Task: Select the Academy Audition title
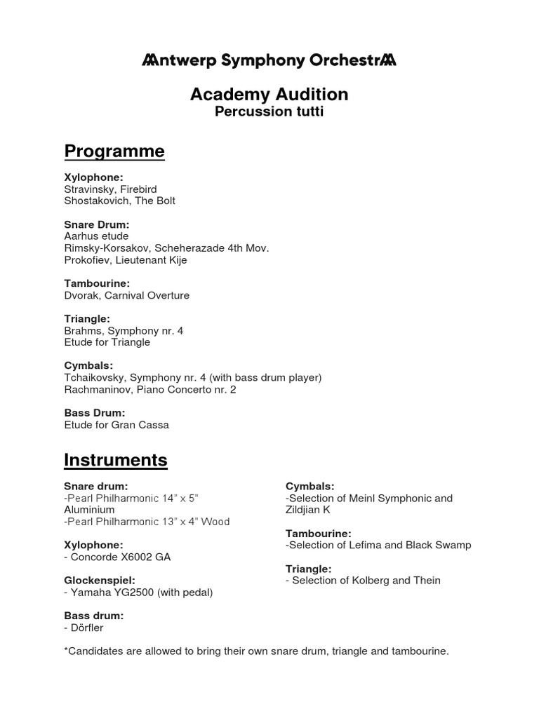[x=269, y=95]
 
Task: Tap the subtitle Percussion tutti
[x=269, y=112]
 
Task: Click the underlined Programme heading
[x=114, y=151]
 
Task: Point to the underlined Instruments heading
[x=116, y=460]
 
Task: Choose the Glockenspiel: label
[x=99, y=581]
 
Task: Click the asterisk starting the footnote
[x=66, y=650]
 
